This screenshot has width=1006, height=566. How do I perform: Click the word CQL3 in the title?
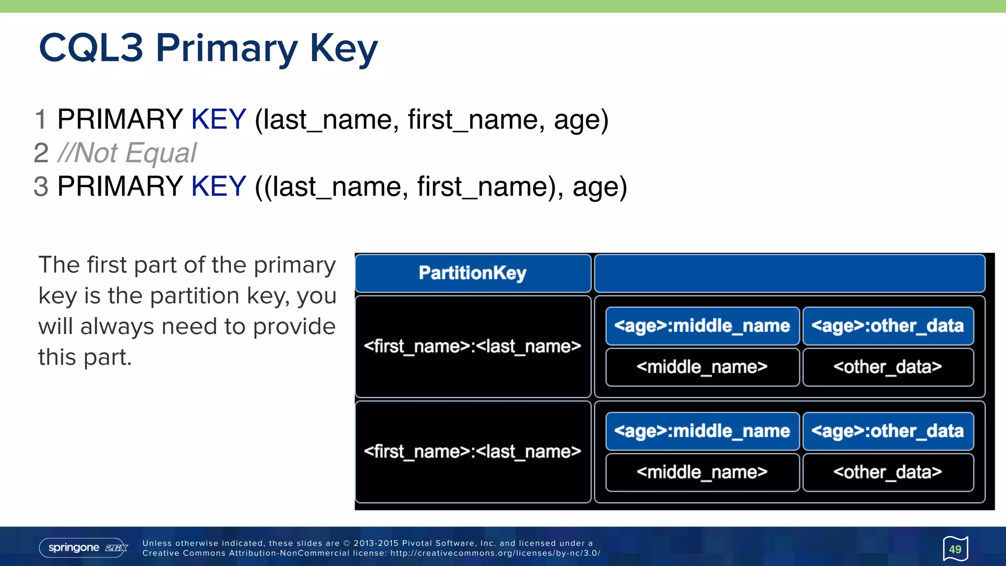click(x=91, y=48)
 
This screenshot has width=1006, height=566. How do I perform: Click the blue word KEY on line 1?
click(x=218, y=119)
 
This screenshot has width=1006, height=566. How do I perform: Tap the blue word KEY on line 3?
click(x=218, y=186)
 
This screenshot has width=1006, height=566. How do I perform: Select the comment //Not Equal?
click(x=127, y=153)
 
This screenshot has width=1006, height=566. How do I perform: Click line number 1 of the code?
click(x=41, y=119)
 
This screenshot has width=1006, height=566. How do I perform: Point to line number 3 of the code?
click(x=41, y=186)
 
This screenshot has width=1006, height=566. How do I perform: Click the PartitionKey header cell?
click(x=473, y=273)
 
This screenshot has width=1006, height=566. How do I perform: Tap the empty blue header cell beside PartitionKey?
click(x=789, y=273)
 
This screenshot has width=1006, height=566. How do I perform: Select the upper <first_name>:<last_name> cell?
click(x=473, y=346)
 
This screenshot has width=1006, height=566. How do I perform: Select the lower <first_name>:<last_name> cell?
click(x=473, y=452)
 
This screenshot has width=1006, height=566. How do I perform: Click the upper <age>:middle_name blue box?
click(x=702, y=326)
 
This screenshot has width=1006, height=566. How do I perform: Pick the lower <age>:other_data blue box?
click(x=888, y=431)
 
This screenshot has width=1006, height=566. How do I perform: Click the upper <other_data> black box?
click(x=888, y=367)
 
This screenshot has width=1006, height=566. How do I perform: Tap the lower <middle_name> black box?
click(x=702, y=472)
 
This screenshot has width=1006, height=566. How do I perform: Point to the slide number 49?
click(x=955, y=549)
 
